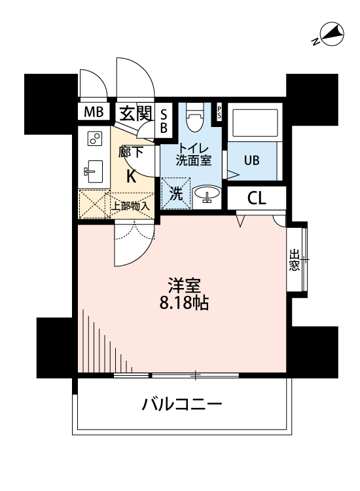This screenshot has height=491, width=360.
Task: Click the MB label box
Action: pos(93,112)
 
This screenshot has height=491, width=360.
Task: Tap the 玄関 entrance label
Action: pos(135,113)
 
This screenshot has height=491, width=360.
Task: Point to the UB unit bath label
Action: pos(252,160)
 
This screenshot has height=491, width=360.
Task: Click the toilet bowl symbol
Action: pos(193,120)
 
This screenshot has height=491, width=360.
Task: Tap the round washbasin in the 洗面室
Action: pos(208,195)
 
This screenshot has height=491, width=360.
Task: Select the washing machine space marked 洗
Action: pos(176,194)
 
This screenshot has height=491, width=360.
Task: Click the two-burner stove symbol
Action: pos(95,139)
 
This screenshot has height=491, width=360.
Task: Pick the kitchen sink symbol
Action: pos(93,172)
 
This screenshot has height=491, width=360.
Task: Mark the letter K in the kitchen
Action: pos(131,175)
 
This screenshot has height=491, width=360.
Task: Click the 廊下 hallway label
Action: pos(131,153)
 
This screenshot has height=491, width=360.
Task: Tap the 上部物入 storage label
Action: pos(130,205)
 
